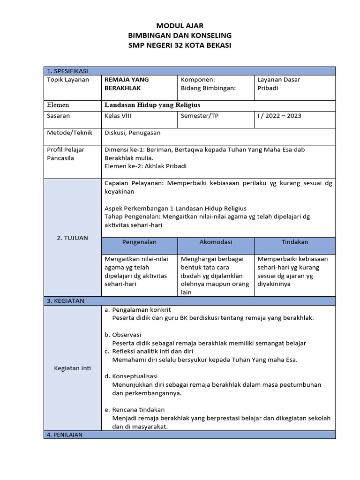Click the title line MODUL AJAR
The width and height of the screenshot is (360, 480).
(180, 26)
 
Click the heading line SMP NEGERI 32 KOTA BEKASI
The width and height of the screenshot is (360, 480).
(180, 45)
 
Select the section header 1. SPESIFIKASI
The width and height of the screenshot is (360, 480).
(67, 71)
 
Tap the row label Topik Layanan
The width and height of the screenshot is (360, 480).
(68, 80)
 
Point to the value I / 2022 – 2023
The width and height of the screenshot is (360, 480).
(279, 116)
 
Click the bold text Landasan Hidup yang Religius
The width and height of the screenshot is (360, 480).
(152, 105)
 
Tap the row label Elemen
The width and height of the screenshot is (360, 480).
(58, 105)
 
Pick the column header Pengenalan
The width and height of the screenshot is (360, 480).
(139, 242)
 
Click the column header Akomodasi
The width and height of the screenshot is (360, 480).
(216, 242)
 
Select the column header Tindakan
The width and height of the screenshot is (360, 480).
(295, 242)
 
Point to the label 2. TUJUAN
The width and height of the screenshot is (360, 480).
(72, 238)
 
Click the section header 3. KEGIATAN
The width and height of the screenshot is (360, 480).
(66, 301)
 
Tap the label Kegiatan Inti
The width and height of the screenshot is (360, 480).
(72, 368)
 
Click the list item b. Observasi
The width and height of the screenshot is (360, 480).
(123, 335)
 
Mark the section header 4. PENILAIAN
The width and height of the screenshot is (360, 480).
(65, 435)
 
